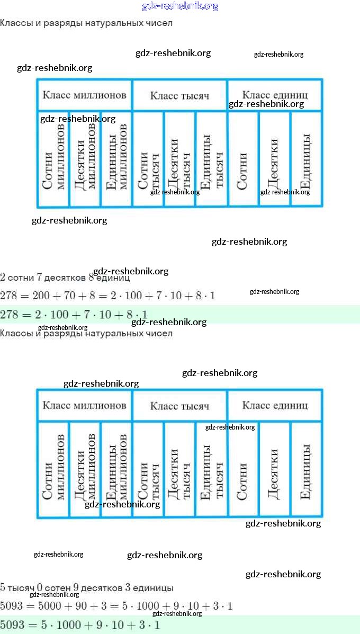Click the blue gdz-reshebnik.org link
[x=180, y=6]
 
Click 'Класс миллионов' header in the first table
[x=85, y=95]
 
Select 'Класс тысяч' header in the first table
[x=179, y=96]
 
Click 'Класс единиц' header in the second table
[x=275, y=405]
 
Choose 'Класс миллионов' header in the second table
[x=85, y=405]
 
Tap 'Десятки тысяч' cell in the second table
[x=179, y=471]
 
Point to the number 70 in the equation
[x=70, y=296]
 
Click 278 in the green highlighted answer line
[x=9, y=315]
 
